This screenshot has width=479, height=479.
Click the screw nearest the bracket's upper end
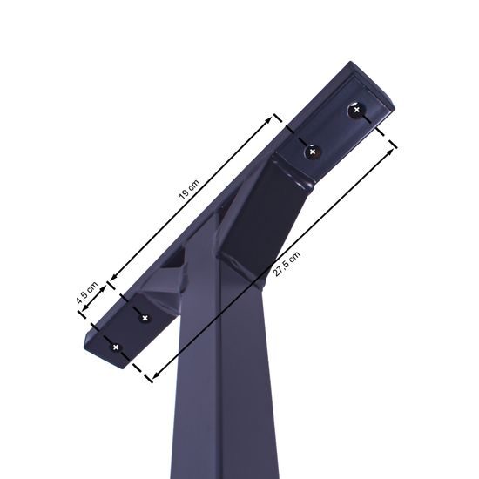point(354,111)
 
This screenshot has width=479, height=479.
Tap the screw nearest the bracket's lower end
point(115,347)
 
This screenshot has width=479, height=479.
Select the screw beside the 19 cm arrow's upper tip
point(312,152)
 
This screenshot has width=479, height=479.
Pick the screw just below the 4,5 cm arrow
point(145,317)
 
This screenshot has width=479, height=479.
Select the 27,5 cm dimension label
point(287,264)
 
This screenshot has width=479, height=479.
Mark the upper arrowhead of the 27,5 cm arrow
point(387,149)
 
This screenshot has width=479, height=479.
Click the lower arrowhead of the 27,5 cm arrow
point(153,376)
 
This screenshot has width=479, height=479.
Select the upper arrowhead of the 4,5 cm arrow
point(104,284)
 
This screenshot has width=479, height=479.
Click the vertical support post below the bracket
point(218,409)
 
